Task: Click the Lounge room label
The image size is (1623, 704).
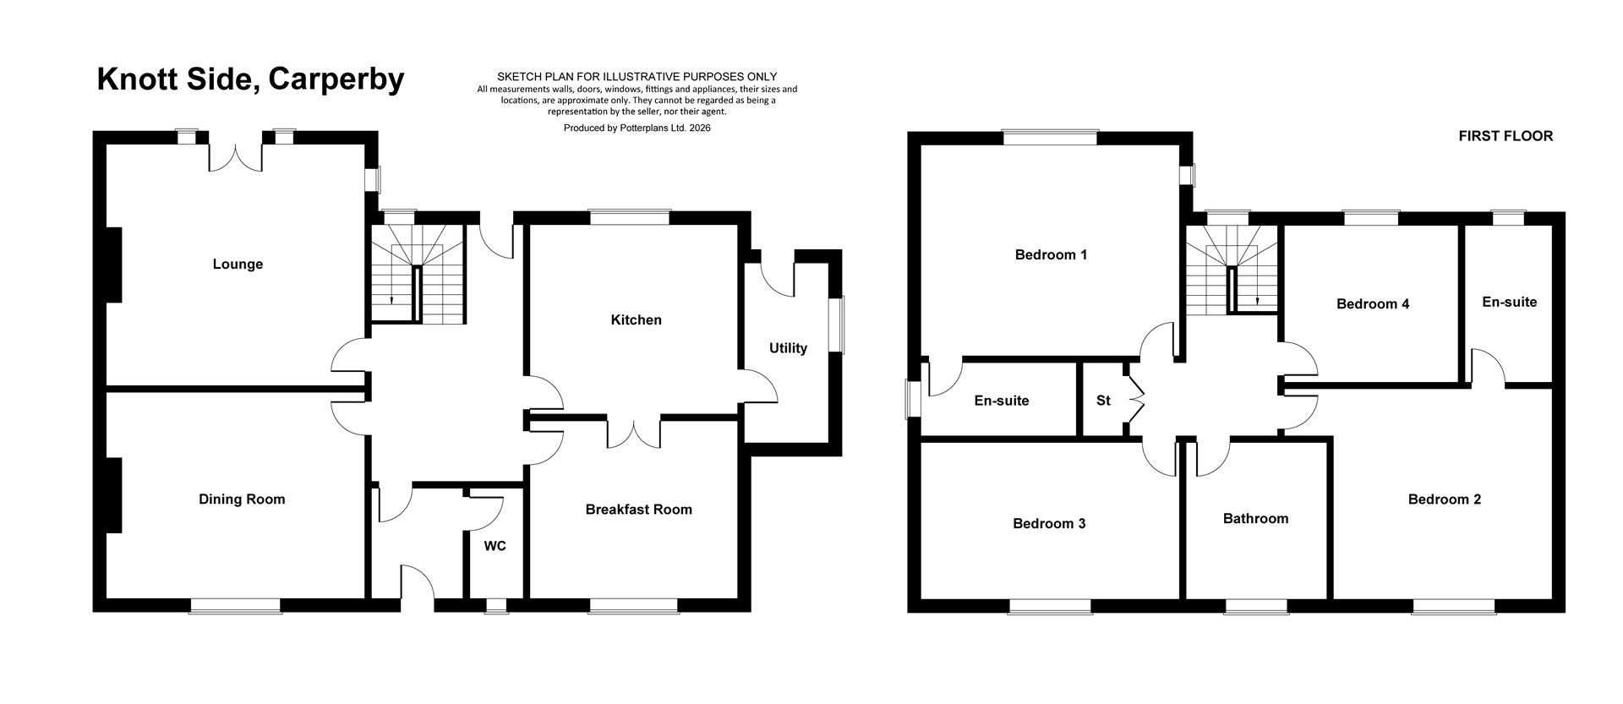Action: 238,264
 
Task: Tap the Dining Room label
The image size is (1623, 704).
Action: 242,499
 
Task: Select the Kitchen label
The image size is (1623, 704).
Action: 636,319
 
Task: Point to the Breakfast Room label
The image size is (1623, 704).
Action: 638,509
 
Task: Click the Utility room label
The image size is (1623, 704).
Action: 788,347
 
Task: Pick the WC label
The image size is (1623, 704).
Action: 495,546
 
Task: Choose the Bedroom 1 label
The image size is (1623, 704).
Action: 1051,254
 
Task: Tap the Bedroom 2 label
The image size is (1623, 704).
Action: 1444,499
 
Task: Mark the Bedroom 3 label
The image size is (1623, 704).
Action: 1049,523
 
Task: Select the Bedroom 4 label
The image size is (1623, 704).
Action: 1373,303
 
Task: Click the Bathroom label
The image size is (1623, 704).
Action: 1255,518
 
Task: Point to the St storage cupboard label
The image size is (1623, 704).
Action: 1103,401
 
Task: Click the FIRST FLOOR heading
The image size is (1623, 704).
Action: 1506,136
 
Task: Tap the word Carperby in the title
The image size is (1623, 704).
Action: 336,79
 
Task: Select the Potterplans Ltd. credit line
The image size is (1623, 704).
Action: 637,128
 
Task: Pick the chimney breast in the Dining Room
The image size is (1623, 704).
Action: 112,495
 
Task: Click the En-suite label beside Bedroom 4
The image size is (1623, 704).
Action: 1509,302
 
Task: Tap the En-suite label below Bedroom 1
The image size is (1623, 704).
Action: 1001,401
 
